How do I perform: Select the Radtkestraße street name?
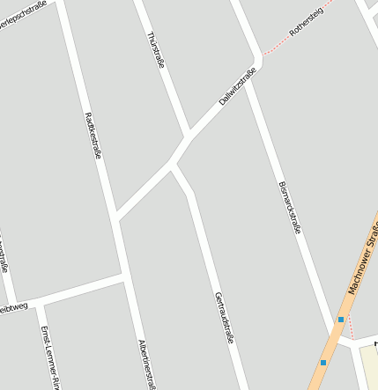(x=92, y=134)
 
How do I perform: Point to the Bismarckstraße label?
(x=289, y=207)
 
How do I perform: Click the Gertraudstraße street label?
(x=224, y=317)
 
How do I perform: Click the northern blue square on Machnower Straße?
(x=341, y=320)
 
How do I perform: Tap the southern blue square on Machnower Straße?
(x=323, y=363)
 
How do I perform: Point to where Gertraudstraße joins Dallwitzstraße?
(x=173, y=163)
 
